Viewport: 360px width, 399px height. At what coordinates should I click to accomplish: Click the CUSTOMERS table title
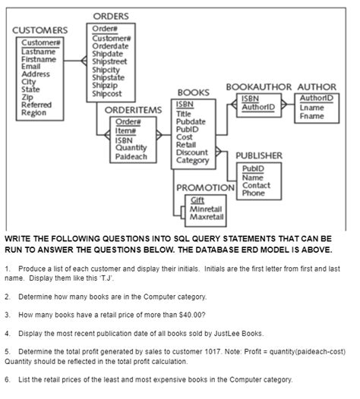[39, 30]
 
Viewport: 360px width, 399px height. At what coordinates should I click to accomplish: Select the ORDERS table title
[111, 17]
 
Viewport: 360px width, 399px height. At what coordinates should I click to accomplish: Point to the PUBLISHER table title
[259, 156]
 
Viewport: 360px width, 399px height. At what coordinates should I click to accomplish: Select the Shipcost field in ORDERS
[106, 94]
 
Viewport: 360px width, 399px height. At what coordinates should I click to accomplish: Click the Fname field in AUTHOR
[312, 116]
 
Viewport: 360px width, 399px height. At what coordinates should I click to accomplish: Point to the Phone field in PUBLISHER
[254, 193]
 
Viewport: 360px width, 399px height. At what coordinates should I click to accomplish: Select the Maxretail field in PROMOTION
[207, 217]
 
